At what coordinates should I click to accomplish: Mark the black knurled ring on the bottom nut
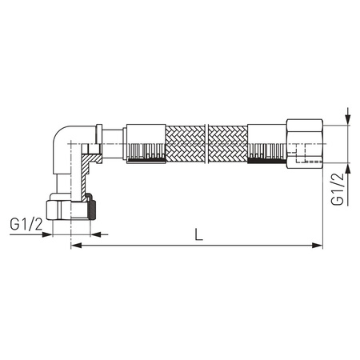point(94,210)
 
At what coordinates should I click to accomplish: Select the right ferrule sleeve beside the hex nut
point(267,142)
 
